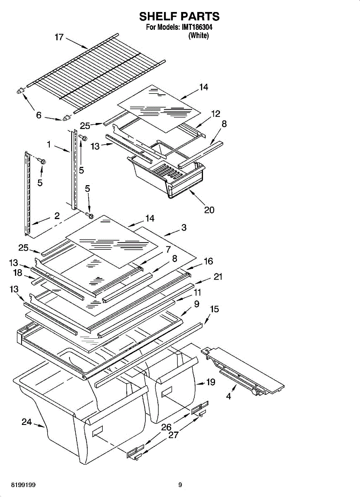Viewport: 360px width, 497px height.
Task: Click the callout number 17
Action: point(59,37)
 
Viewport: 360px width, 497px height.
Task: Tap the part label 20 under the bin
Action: point(209,210)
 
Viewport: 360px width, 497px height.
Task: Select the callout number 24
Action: point(27,422)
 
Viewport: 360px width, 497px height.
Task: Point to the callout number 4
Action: point(229,396)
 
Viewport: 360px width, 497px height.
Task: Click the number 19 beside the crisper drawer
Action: point(210,382)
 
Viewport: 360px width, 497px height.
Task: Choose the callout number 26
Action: point(166,427)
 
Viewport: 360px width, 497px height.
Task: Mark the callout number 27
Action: point(174,436)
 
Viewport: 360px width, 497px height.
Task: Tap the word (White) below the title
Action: point(198,36)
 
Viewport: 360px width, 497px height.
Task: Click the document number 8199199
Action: point(17,485)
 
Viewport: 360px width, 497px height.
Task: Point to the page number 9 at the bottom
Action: point(180,485)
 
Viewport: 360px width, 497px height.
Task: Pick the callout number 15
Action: point(215,309)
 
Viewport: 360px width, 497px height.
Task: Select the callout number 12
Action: point(215,113)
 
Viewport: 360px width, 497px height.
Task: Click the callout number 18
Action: point(17,273)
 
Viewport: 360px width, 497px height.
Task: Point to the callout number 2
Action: point(57,215)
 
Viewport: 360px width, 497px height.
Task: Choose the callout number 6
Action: point(39,116)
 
